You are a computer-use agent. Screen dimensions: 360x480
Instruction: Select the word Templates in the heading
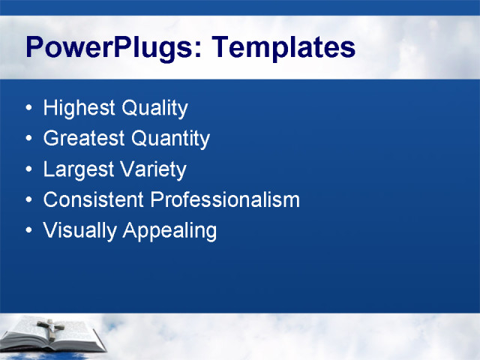pos(283,47)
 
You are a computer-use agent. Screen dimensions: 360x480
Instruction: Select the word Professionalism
pos(225,200)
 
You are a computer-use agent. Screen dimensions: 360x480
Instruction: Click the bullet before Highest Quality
pos(28,109)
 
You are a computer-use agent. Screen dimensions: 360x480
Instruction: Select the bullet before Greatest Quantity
pos(28,139)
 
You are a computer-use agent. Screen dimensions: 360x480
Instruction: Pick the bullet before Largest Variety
pos(28,170)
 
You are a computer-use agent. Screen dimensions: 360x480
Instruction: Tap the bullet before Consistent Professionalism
pos(28,200)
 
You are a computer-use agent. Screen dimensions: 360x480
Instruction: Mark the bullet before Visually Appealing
pos(28,231)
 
